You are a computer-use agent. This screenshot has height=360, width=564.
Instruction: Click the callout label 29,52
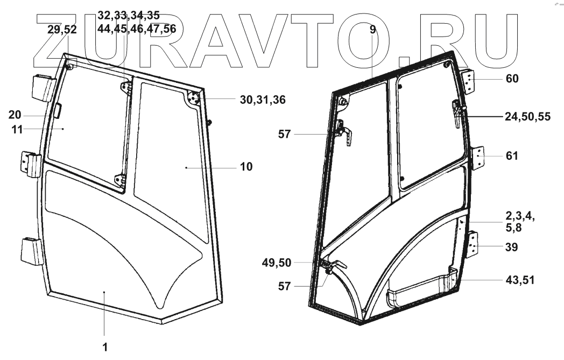click(x=62, y=30)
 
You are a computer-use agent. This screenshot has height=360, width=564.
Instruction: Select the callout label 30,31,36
click(x=263, y=100)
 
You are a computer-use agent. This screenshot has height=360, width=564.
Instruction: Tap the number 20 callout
click(x=15, y=115)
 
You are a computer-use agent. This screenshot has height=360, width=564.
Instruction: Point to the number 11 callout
click(x=17, y=130)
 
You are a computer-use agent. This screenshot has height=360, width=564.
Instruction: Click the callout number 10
click(x=246, y=166)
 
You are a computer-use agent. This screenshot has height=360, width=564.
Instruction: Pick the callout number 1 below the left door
click(x=105, y=347)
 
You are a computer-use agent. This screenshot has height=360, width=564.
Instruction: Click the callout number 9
click(x=372, y=30)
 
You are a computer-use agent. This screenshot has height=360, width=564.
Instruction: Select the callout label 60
click(x=512, y=79)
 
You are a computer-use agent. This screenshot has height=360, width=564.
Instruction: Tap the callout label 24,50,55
click(x=527, y=117)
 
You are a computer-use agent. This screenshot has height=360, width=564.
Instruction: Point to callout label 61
click(x=512, y=156)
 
